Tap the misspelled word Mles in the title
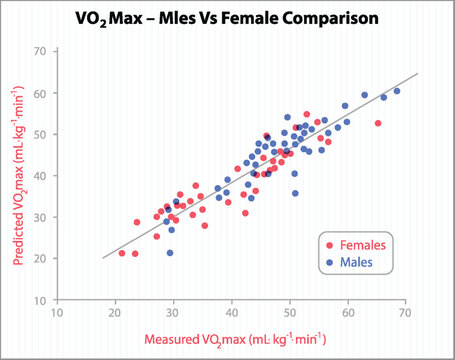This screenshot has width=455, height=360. [181, 18]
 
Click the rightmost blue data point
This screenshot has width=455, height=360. [397, 91]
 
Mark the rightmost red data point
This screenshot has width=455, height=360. [378, 123]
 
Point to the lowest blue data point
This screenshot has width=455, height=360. [170, 253]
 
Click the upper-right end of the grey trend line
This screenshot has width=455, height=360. [416, 74]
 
